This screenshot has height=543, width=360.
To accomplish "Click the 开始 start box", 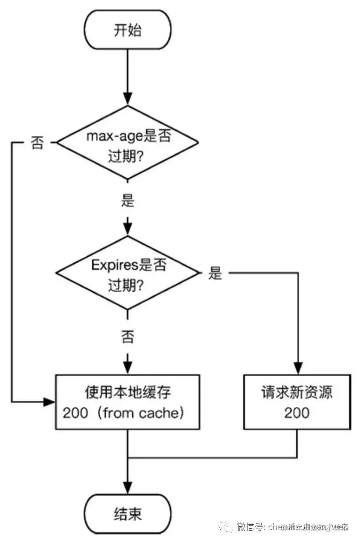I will pyautogui.click(x=127, y=30).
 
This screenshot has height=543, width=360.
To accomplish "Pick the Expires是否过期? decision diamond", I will pyautogui.click(x=128, y=273).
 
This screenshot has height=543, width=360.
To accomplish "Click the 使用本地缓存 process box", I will pyautogui.click(x=127, y=401).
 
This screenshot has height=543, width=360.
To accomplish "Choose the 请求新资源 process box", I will pyautogui.click(x=297, y=401).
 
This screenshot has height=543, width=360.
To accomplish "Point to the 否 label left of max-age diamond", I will pyautogui.click(x=38, y=144).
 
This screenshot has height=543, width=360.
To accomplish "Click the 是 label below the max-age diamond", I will pyautogui.click(x=128, y=201).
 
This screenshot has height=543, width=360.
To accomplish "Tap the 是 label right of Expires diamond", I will pyautogui.click(x=215, y=273).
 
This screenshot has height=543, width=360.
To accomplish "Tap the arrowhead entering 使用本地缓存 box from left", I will pyautogui.click(x=50, y=402).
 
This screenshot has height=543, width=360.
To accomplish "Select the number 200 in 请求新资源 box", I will pyautogui.click(x=297, y=412).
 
